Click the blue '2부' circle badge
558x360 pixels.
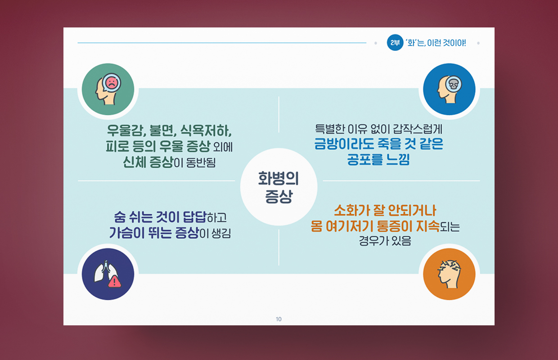pyautogui.click(x=395, y=43)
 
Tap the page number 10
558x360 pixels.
pyautogui.click(x=279, y=319)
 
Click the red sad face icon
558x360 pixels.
pyautogui.click(x=112, y=83)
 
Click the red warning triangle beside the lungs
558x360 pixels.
pyautogui.click(x=114, y=282)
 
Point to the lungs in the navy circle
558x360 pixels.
pyautogui.click(x=106, y=272)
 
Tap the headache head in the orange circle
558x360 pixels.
pyautogui.click(x=449, y=274)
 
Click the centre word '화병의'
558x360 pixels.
pyautogui.click(x=278, y=178)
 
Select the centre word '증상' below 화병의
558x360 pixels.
pyautogui.click(x=279, y=196)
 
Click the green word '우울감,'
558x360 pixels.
pyautogui.click(x=126, y=130)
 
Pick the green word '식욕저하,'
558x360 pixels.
pyautogui.click(x=206, y=130)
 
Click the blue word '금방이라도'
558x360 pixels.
pyautogui.click(x=344, y=144)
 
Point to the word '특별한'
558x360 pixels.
pyautogui.click(x=330, y=129)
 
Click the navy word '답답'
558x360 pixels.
pyautogui.click(x=194, y=217)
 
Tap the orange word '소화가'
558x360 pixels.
pyautogui.click(x=351, y=210)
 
